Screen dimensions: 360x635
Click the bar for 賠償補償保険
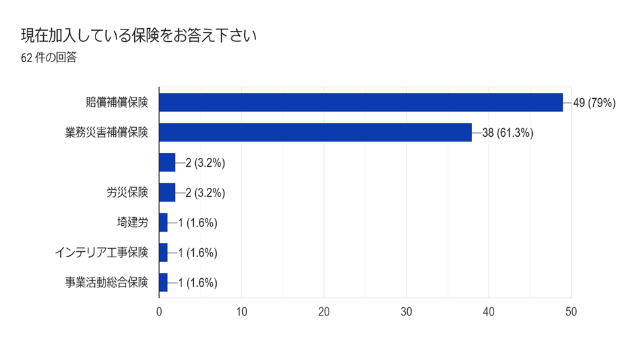tap(361, 102)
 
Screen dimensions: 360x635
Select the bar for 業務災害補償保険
tap(315, 132)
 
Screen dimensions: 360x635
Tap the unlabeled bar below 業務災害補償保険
tap(167, 162)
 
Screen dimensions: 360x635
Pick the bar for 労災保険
tap(167, 192)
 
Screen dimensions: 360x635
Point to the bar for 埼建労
tap(164, 223)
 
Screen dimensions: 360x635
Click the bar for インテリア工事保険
tap(164, 253)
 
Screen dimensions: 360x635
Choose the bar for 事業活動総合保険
tap(164, 283)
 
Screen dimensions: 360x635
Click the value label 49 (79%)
tap(594, 103)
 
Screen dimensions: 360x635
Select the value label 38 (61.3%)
tap(507, 133)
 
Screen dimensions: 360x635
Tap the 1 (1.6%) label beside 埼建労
tap(197, 223)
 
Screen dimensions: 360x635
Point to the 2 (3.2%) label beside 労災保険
tap(205, 193)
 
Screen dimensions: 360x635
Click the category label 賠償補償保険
tap(118, 102)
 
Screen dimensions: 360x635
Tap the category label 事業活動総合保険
tap(106, 283)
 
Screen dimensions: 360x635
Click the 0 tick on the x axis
tap(159, 312)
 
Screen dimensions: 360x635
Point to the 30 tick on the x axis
tap(407, 312)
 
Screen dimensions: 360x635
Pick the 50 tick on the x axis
tap(571, 312)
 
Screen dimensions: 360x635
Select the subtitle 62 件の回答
tap(49, 58)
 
